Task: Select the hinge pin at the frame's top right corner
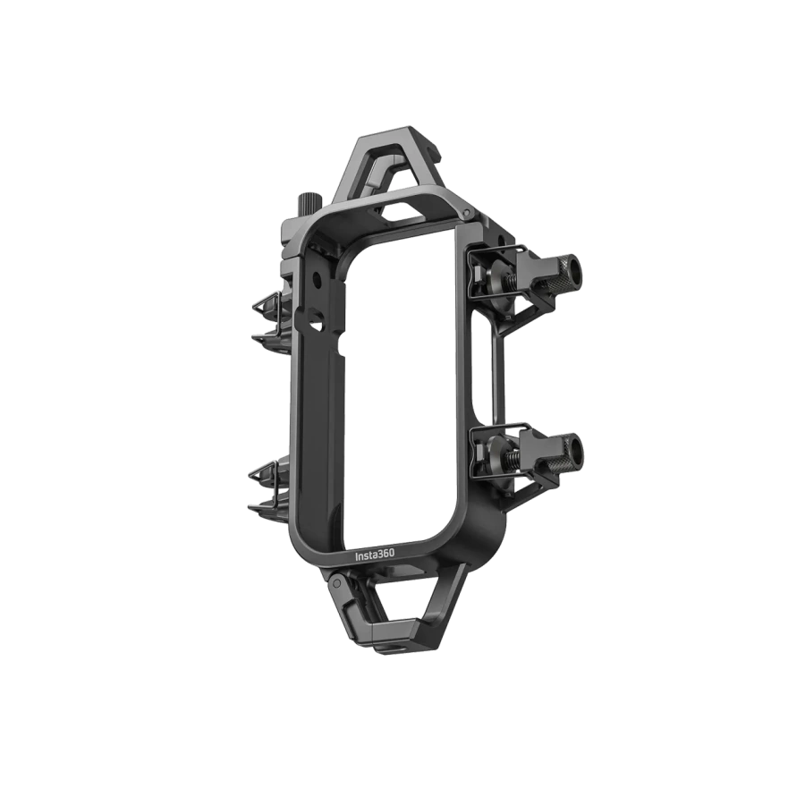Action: tap(466, 212)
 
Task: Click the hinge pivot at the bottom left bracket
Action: tap(335, 582)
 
